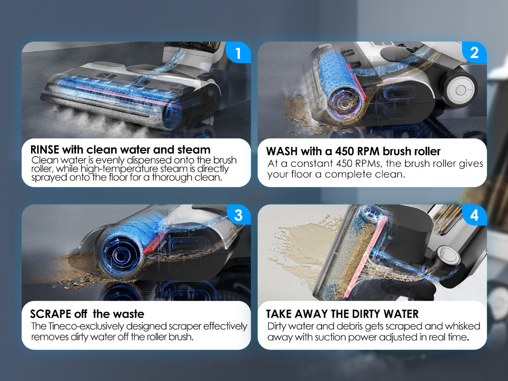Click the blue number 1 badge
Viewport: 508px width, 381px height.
(x=238, y=53)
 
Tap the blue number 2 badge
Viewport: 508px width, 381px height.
(x=474, y=53)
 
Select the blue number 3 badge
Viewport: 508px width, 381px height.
(x=238, y=215)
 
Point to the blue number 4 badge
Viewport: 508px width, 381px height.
(x=474, y=215)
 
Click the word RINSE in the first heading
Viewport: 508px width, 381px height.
(x=45, y=150)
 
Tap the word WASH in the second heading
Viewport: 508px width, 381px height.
(x=282, y=151)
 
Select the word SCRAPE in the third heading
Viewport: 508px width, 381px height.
(x=50, y=314)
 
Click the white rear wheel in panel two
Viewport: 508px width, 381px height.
(x=460, y=89)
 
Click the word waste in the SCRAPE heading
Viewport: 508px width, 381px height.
(x=128, y=314)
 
